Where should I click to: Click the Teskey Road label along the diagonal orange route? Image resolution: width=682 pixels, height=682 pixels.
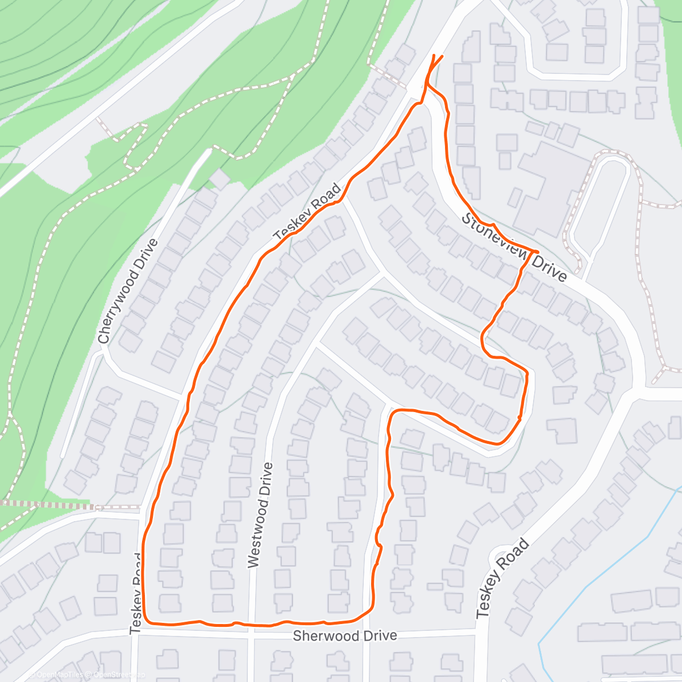pos(307,211)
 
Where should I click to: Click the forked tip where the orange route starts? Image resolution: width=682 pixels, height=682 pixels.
pos(436,59)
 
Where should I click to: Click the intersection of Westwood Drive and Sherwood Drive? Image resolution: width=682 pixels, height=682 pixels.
pos(251,631)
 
